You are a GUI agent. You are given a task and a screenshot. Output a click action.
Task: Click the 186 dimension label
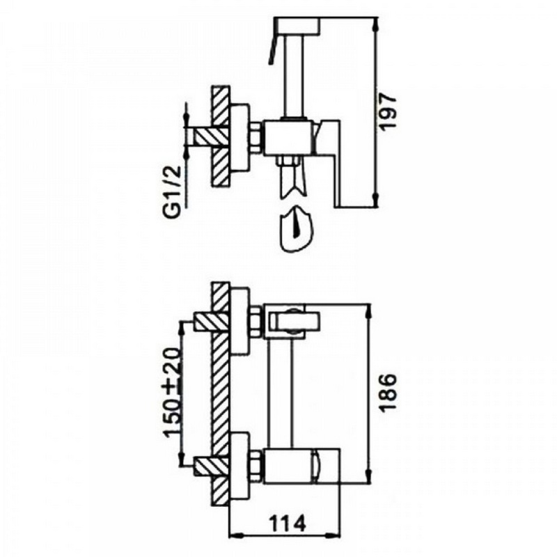tap(388, 392)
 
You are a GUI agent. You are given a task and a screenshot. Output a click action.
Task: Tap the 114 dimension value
tap(288, 524)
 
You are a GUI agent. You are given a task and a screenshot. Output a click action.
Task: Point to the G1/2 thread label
tap(173, 192)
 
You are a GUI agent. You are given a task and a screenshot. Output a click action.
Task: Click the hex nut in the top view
tap(256, 138)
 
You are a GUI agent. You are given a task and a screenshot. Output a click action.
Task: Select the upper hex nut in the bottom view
tap(256, 322)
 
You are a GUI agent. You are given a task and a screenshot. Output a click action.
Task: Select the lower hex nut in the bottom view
tap(256, 465)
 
